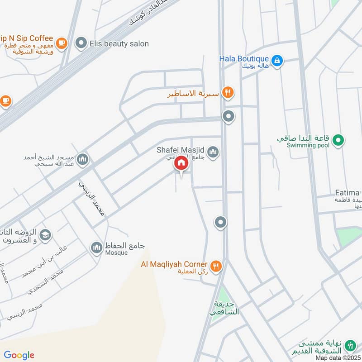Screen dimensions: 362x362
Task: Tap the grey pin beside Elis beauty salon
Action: [81, 43]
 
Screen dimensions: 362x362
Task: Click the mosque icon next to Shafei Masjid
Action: [213, 152]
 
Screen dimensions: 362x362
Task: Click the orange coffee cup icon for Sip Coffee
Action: [62, 43]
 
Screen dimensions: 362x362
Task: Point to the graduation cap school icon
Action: [45, 235]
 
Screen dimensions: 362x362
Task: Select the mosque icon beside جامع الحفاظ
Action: [96, 248]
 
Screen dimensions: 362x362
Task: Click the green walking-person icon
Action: [349, 346]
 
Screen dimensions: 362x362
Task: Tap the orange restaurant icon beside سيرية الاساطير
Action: [229, 92]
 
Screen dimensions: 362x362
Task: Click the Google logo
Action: [19, 355]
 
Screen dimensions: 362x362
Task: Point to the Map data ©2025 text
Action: [338, 357]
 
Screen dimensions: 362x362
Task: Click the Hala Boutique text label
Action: [244, 58]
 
